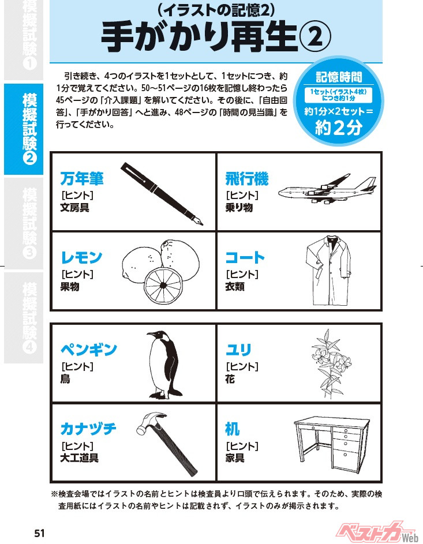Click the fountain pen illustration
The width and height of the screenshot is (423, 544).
pyautogui.click(x=162, y=194)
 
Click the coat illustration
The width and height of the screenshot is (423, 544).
pyautogui.click(x=328, y=271)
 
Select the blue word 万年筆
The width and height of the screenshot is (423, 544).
pyautogui.click(x=82, y=179)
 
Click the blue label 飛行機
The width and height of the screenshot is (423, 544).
pyautogui.click(x=247, y=179)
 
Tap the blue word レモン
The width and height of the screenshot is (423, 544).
pyautogui.click(x=81, y=257)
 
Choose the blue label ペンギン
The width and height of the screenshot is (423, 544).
pyautogui.click(x=89, y=350)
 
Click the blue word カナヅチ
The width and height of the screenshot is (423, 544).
pyautogui.click(x=88, y=429)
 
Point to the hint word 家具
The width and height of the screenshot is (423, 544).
pyautogui.click(x=235, y=458)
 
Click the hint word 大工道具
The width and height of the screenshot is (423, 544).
pyautogui.click(x=80, y=458)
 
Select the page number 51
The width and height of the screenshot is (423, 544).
pyautogui.click(x=40, y=533)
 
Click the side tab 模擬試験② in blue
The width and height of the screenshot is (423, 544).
pyautogui.click(x=29, y=129)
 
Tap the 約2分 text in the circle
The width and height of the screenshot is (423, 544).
pyautogui.click(x=339, y=129)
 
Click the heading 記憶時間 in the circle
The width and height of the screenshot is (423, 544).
pyautogui.click(x=339, y=77)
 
